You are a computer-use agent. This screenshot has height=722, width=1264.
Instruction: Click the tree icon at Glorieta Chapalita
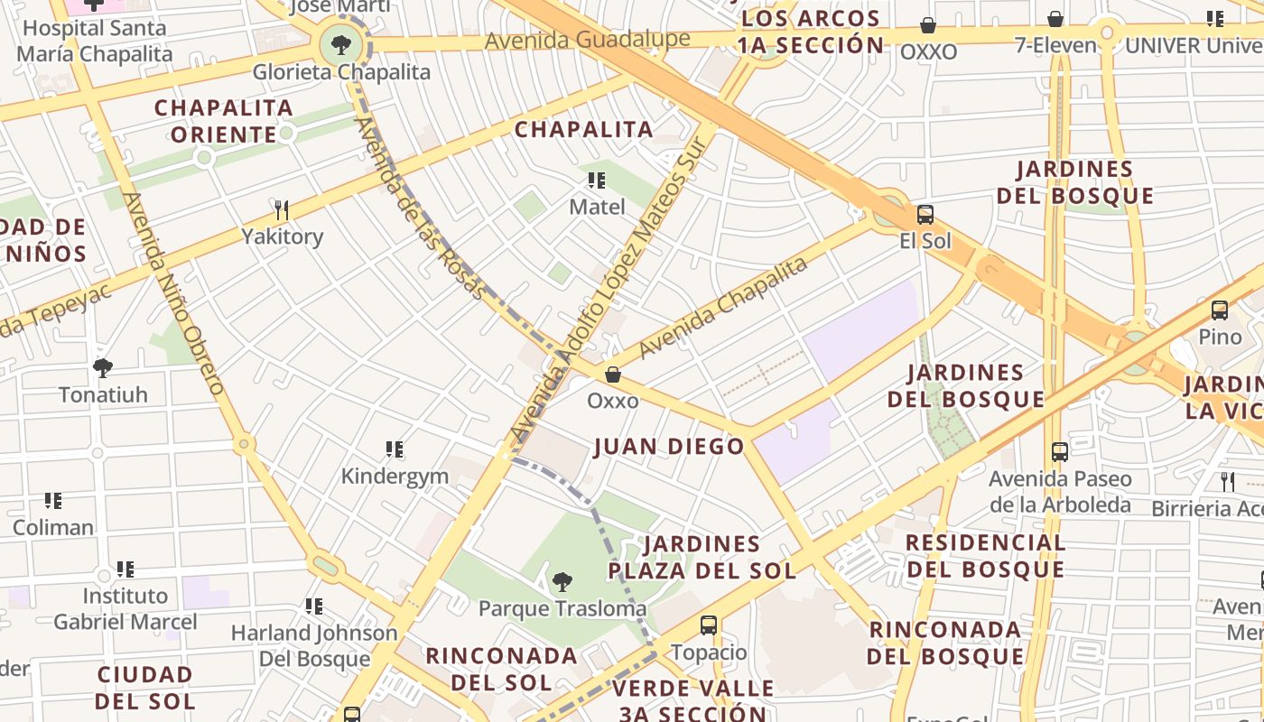[x=341, y=43]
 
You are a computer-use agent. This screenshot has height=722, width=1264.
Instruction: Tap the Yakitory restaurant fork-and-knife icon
[x=282, y=210]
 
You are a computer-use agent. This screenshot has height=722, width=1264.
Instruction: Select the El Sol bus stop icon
[x=925, y=215]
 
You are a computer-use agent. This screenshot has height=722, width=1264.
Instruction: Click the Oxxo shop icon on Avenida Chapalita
[x=613, y=374]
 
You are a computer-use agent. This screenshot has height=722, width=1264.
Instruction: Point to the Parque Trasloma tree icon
[x=562, y=582]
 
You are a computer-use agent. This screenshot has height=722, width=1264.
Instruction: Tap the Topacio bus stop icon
[x=709, y=625]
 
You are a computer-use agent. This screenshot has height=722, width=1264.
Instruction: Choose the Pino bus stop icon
[x=1220, y=310]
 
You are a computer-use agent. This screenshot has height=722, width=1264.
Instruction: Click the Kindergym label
[x=395, y=476]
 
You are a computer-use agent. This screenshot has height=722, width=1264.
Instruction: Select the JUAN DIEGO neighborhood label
[x=669, y=446]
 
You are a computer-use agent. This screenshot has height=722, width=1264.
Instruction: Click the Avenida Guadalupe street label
[x=587, y=40]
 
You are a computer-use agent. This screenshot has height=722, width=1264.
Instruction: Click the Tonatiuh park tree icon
[x=103, y=368]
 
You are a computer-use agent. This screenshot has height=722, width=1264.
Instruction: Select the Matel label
[x=597, y=207]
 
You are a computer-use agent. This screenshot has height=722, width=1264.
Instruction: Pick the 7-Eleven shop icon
[x=1055, y=19]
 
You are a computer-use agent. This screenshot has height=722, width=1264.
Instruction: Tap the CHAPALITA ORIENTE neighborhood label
[x=224, y=121]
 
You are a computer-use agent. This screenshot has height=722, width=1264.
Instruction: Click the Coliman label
[x=53, y=527]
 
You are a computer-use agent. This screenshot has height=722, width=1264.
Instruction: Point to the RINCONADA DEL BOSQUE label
[x=945, y=643]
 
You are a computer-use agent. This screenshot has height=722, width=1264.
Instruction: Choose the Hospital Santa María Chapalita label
[x=94, y=41]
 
